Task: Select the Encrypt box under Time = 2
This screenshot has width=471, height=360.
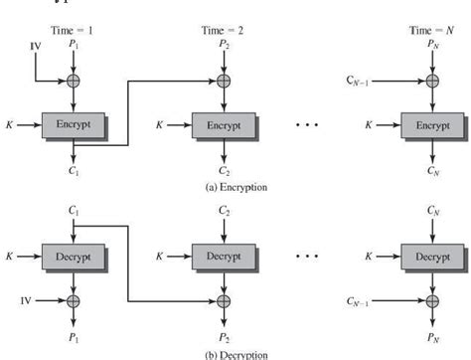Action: pos(223,127)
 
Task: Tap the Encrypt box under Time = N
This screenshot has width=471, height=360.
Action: pos(430,127)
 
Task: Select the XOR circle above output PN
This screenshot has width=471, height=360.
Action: pos(430,298)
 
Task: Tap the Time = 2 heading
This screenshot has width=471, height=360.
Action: pos(223,32)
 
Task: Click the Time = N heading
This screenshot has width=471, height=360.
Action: pos(430,32)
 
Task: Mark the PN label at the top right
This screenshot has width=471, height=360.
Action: pos(430,46)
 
